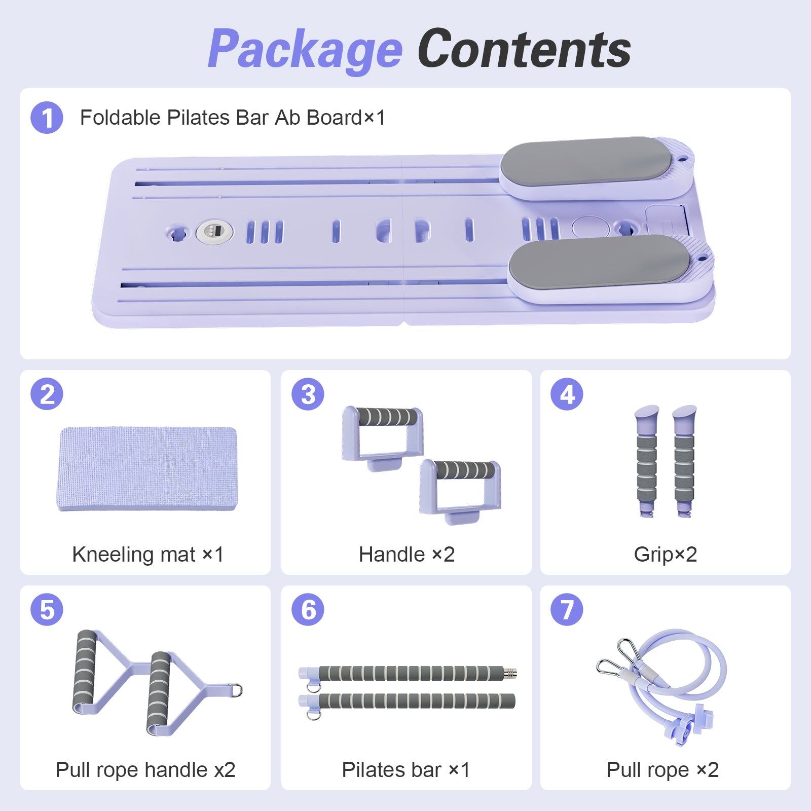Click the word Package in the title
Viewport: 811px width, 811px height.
(305, 50)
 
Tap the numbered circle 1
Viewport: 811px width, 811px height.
(47, 118)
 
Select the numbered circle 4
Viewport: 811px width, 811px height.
(567, 394)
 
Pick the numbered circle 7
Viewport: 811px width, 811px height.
(567, 609)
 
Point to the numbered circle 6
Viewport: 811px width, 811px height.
(308, 609)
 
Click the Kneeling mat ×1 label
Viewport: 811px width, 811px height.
(148, 555)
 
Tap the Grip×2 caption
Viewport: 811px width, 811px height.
(666, 555)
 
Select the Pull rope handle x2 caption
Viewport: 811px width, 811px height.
(145, 770)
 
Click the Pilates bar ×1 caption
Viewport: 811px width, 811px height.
(406, 770)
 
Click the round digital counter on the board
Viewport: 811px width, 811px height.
(214, 232)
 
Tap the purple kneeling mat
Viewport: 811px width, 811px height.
(146, 468)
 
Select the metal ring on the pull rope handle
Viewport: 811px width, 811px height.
(236, 690)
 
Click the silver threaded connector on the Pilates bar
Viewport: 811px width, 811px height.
(510, 673)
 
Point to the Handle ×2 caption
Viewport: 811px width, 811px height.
(407, 555)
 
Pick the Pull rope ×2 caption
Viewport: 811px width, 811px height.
(662, 770)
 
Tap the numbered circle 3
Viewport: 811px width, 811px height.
(308, 394)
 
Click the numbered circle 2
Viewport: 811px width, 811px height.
(47, 394)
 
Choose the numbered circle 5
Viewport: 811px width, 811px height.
(47, 609)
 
